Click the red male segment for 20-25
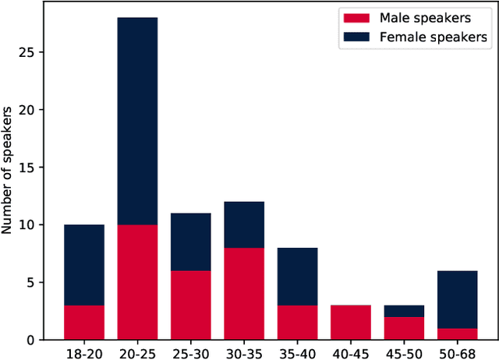(137, 282)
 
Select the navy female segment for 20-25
(137, 121)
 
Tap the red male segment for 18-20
(84, 323)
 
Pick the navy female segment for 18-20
(84, 265)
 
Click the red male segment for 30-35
(244, 294)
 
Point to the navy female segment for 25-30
(191, 242)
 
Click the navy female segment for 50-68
(457, 299)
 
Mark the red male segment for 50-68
(457, 334)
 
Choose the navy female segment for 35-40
(297, 277)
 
